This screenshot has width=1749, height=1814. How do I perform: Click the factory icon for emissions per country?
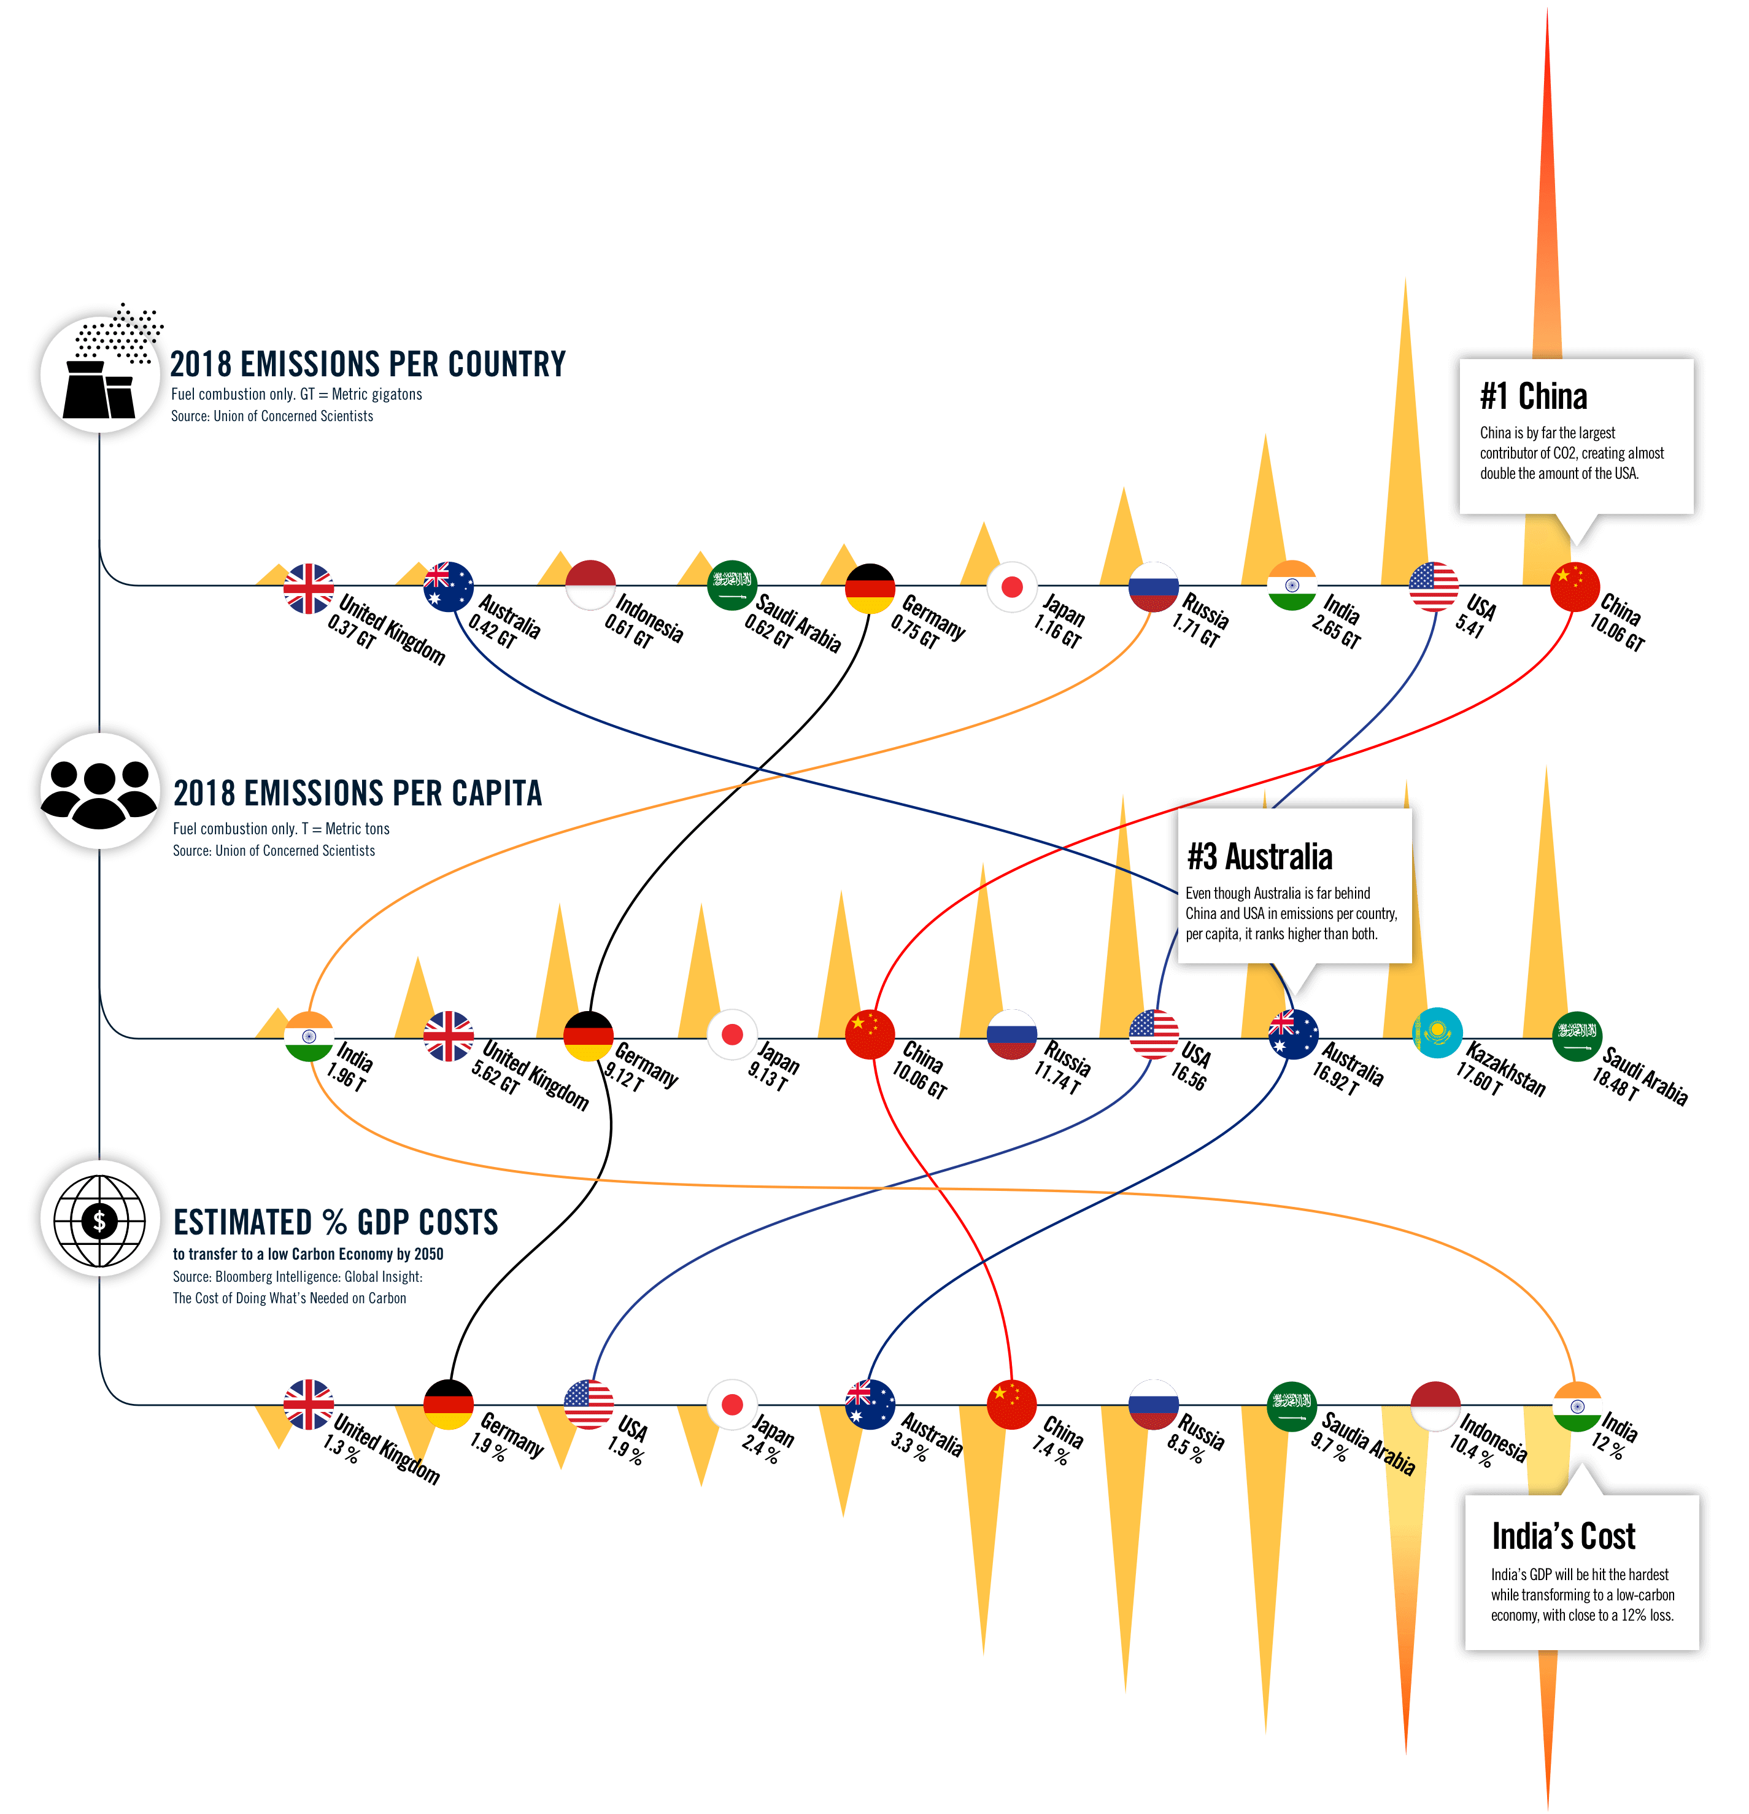pyautogui.click(x=100, y=375)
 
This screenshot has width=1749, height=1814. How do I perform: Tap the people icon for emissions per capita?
pyautogui.click(x=100, y=791)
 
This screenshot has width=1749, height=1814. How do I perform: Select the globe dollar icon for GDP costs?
pyautogui.click(x=100, y=1220)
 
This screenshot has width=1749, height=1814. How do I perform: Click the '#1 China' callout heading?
pyautogui.click(x=1534, y=396)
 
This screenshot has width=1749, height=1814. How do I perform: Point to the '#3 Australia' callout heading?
pyautogui.click(x=1259, y=857)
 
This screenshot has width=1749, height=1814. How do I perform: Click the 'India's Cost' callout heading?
pyautogui.click(x=1563, y=1537)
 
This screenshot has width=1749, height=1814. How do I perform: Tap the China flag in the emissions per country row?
pyautogui.click(x=1575, y=587)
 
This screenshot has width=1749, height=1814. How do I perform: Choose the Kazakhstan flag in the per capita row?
pyautogui.click(x=1437, y=1034)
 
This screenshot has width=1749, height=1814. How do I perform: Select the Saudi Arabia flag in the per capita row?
pyautogui.click(x=1577, y=1036)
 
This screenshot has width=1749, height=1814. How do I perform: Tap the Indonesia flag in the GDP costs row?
pyautogui.click(x=1435, y=1406)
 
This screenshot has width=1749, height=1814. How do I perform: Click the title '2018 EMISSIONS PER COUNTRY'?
pyautogui.click(x=368, y=364)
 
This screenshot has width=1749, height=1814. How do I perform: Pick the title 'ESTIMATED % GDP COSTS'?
pyautogui.click(x=336, y=1223)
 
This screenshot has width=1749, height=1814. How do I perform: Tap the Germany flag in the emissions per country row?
pyautogui.click(x=870, y=589)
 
